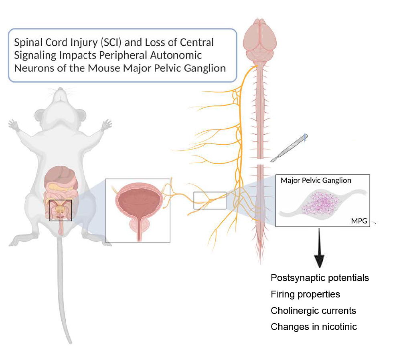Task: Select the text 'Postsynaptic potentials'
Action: (x=320, y=278)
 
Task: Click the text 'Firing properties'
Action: (x=305, y=294)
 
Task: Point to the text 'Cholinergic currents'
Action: (x=313, y=311)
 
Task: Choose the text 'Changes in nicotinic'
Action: (x=314, y=327)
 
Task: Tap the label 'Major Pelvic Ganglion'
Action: (x=316, y=180)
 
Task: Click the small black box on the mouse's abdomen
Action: (x=61, y=210)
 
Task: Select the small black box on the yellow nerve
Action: (x=210, y=200)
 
